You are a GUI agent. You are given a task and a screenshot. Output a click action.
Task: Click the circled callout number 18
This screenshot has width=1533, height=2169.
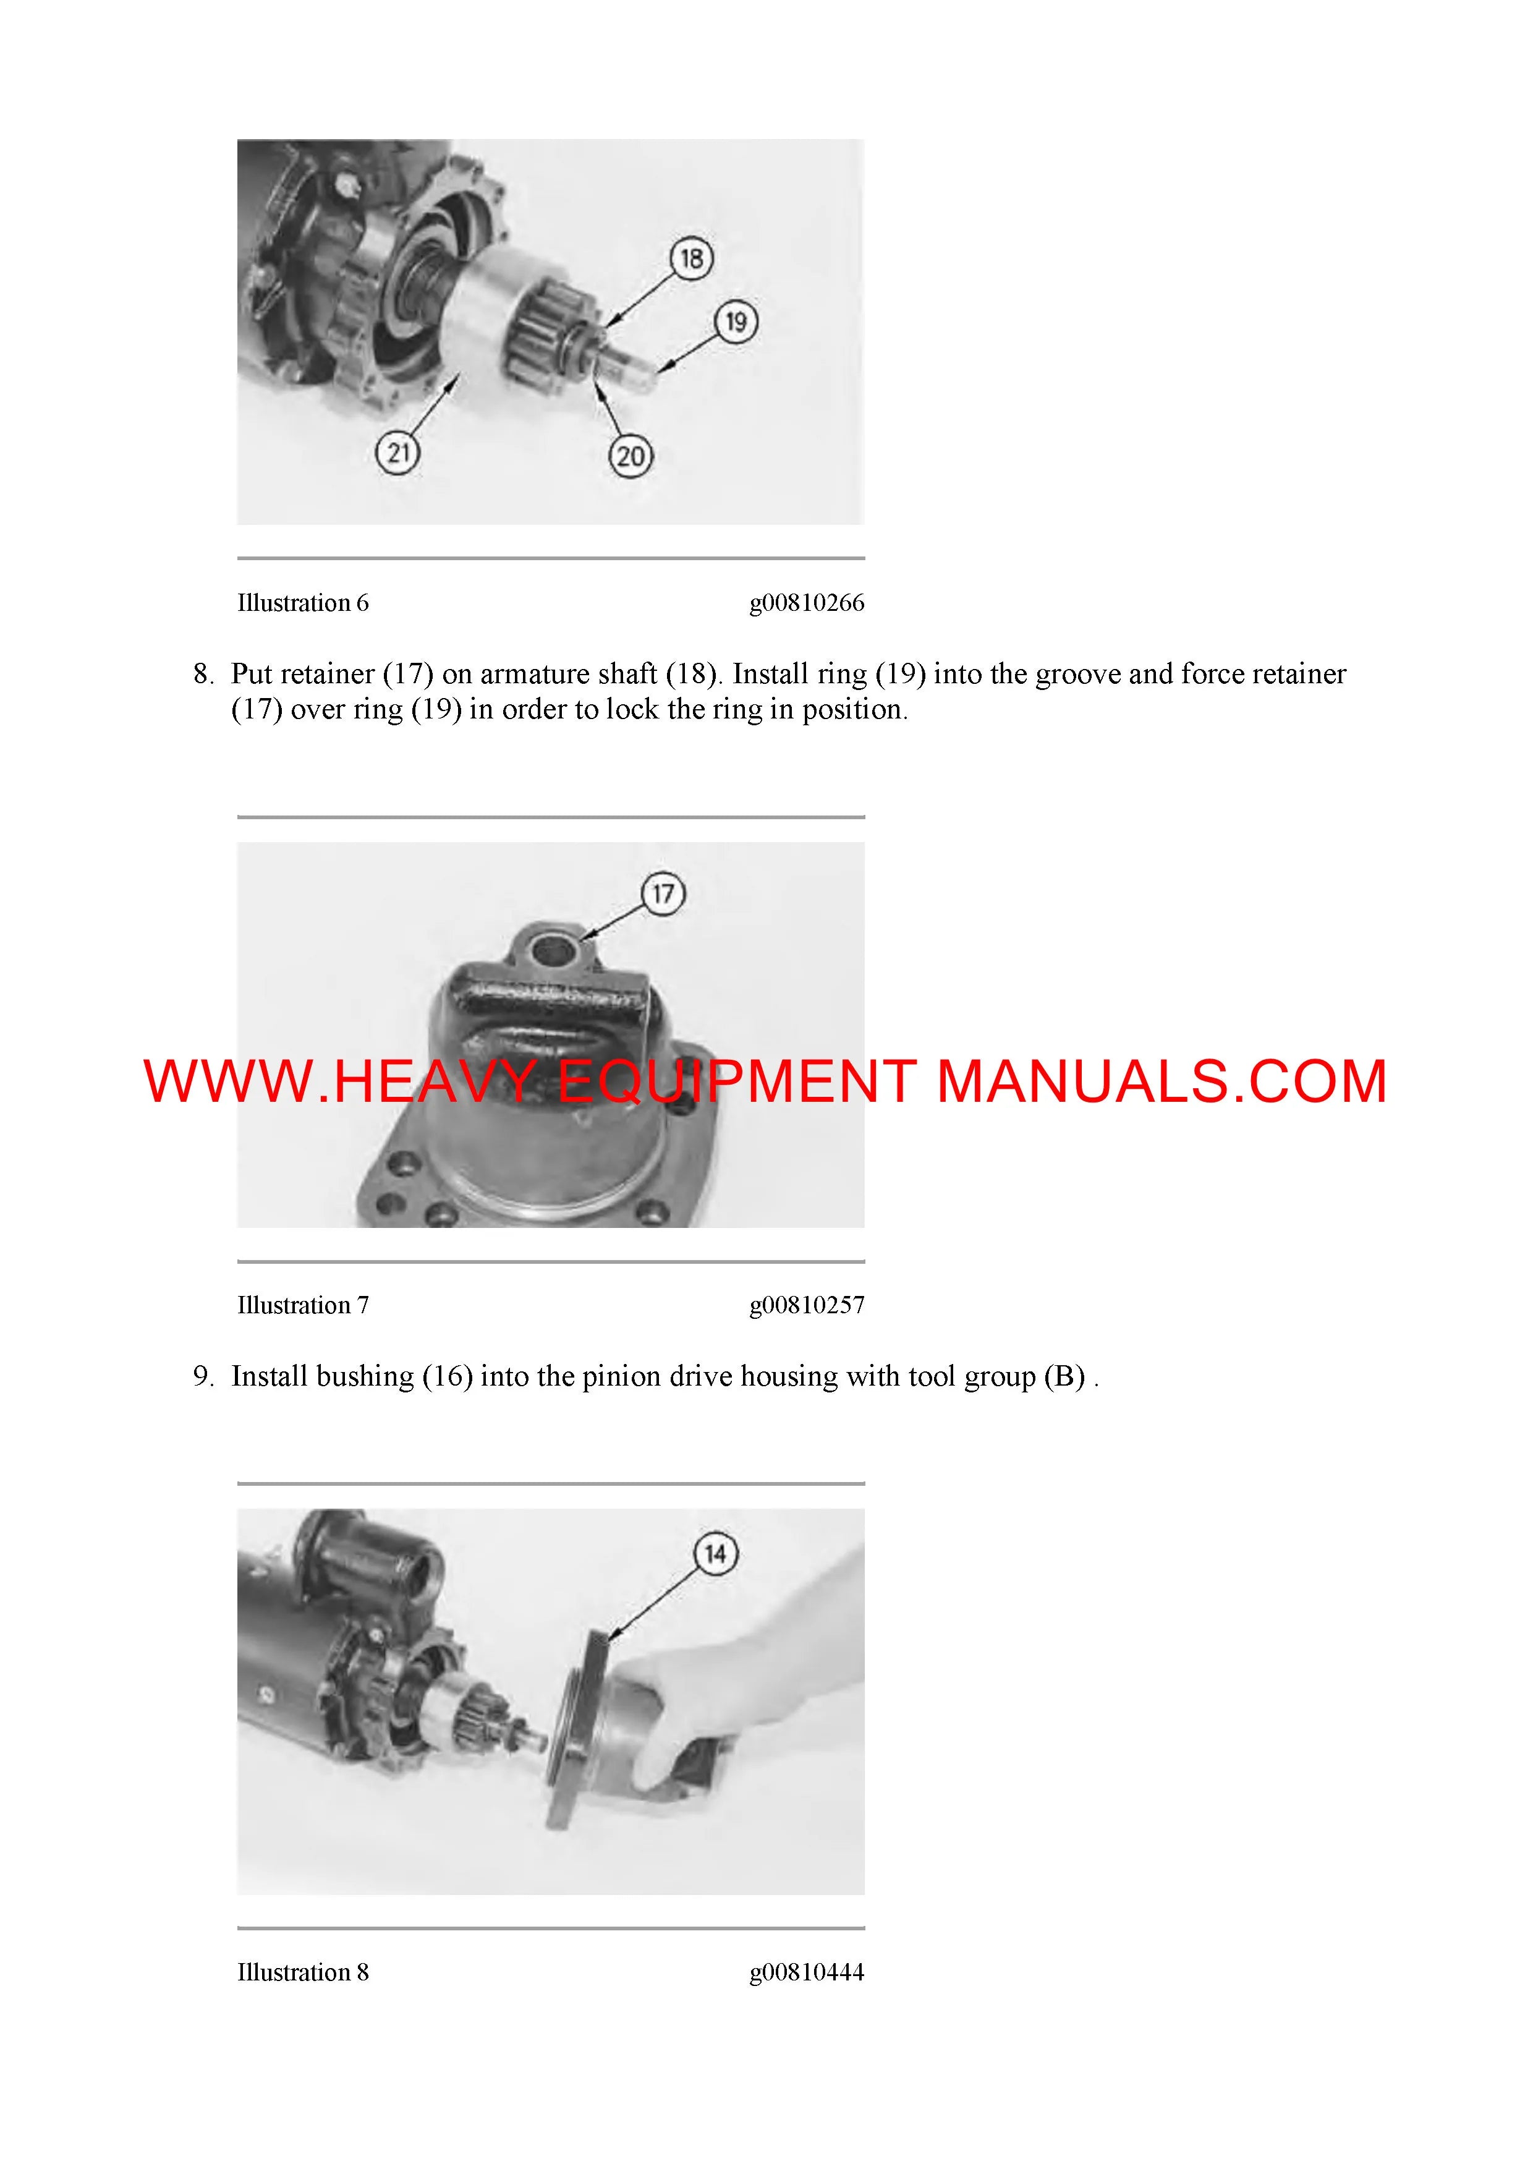click(692, 258)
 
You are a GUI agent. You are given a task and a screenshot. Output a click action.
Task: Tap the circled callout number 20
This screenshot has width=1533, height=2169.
click(631, 457)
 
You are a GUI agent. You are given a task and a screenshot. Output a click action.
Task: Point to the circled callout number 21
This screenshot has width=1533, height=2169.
click(397, 453)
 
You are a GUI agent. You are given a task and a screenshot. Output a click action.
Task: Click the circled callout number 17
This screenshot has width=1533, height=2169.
click(663, 893)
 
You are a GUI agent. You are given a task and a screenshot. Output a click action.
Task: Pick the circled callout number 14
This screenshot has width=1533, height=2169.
click(715, 1553)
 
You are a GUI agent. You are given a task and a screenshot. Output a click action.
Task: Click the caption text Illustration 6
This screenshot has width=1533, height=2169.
click(302, 603)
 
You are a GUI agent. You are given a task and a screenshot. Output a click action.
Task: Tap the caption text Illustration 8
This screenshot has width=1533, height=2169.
click(302, 1972)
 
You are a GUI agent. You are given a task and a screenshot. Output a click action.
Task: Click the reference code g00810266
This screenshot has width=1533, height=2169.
click(807, 603)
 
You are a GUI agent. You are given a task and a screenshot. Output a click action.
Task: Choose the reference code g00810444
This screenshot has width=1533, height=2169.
click(807, 1972)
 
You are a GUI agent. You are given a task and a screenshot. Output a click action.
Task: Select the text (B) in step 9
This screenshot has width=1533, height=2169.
click(1064, 1376)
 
